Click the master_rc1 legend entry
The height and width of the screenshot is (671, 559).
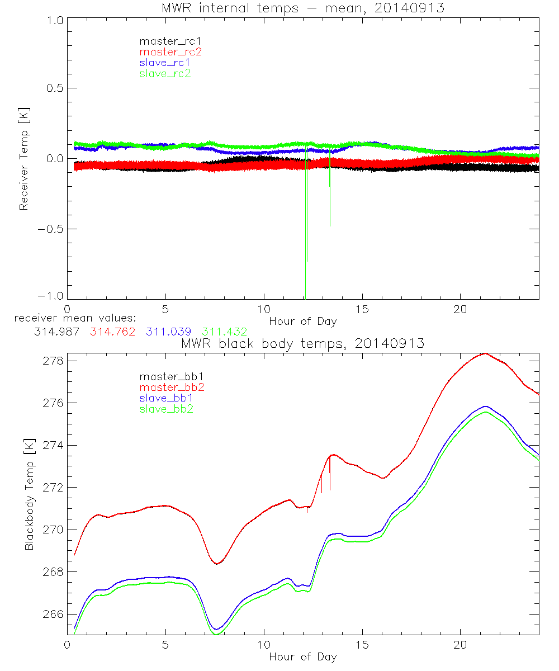pyautogui.click(x=165, y=41)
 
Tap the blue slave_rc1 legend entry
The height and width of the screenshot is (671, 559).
pyautogui.click(x=165, y=63)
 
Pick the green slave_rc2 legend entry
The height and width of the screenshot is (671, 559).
pyautogui.click(x=165, y=73)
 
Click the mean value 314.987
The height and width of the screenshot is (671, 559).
pyautogui.click(x=56, y=332)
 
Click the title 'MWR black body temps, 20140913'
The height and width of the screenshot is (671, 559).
pyautogui.click(x=302, y=343)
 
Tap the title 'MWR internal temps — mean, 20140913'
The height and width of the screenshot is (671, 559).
pyautogui.click(x=302, y=8)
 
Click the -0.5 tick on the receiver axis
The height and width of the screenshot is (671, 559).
pyautogui.click(x=50, y=229)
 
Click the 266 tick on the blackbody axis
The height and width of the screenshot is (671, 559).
pyautogui.click(x=53, y=615)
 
